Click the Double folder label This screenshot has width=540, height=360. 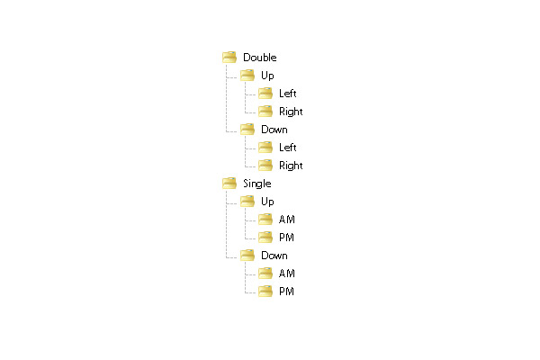pos(260,58)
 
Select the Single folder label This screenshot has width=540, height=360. pos(256,184)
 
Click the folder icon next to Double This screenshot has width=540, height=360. pos(229,58)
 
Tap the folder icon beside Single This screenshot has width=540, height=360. pos(229,184)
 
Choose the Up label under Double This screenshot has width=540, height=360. pos(267,76)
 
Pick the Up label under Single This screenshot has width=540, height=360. pos(267,202)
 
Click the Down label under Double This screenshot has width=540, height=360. pos(274,130)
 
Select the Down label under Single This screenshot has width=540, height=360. pos(274,256)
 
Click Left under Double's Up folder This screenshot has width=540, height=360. pos(288,94)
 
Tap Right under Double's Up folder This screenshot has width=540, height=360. pos(291,112)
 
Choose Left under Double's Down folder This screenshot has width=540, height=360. pos(288,148)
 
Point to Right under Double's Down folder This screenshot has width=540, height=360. pos(291,166)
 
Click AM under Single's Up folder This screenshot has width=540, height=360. pos(286,220)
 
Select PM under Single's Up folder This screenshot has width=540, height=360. pos(286,238)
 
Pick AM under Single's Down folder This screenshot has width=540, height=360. pos(286,274)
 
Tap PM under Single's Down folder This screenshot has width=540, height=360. pos(286,292)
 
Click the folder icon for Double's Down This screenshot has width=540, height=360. pos(247,130)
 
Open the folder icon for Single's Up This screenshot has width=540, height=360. pos(247,202)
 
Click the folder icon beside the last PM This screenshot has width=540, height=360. pos(265,292)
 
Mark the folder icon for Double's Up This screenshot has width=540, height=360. pos(247,75)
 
